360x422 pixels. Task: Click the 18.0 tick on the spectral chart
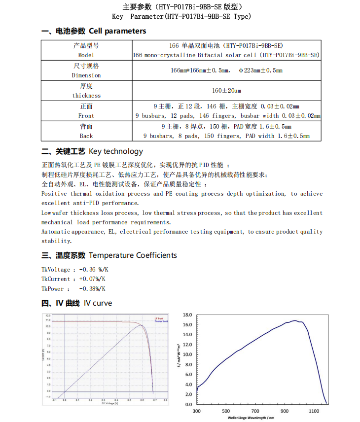coord(187,315)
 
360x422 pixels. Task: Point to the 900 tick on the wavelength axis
coord(285,411)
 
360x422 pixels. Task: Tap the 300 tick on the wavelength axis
coord(196,411)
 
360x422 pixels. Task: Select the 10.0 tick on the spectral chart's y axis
coord(187,354)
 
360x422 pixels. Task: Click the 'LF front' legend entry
coord(159,318)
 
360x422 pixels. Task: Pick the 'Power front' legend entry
coord(161,321)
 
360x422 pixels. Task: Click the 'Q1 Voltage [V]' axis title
coord(109,403)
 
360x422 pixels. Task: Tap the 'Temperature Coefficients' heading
coord(133,255)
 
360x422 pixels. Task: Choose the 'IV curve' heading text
coord(98,303)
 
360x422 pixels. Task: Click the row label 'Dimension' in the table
coord(86,75)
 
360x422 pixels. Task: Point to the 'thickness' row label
coord(86,96)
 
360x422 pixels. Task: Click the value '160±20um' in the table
coord(226,91)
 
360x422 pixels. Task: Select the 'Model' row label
coord(86,55)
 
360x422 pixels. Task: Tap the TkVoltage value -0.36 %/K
coord(94,270)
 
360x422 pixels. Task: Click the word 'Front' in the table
coord(86,116)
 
